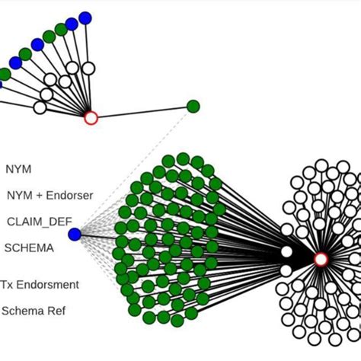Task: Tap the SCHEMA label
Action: pyautogui.click(x=30, y=248)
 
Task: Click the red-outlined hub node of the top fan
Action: pyautogui.click(x=91, y=118)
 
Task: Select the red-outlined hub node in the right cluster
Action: pyautogui.click(x=321, y=260)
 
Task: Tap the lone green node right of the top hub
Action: pyautogui.click(x=193, y=107)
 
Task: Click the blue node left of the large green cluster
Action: pyautogui.click(x=75, y=235)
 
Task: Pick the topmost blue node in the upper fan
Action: pyautogui.click(x=85, y=18)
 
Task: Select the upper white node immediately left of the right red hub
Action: pyautogui.click(x=286, y=252)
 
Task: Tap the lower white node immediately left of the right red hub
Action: pyautogui.click(x=286, y=270)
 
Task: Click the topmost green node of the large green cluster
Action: pyautogui.click(x=183, y=158)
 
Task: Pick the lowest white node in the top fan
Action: pyautogui.click(x=40, y=107)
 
